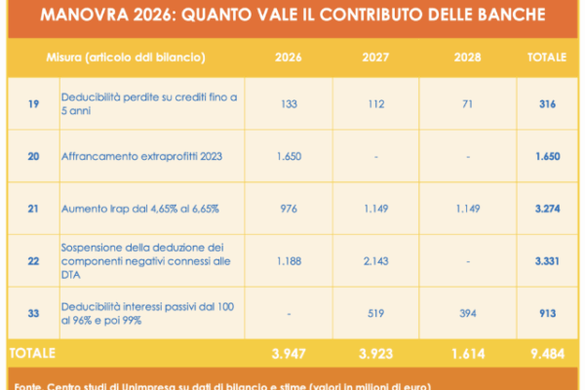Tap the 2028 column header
coord(467,57)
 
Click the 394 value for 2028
coord(467,313)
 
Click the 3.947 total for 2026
coord(289,351)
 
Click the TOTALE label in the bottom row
coord(31,351)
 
